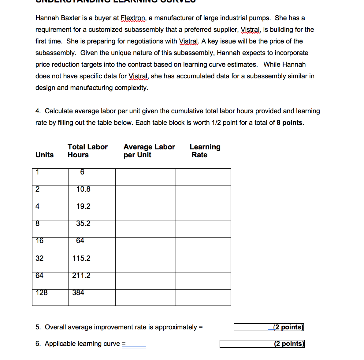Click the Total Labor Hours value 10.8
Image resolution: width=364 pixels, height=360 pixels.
click(x=83, y=189)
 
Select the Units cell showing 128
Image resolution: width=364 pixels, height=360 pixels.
click(x=42, y=293)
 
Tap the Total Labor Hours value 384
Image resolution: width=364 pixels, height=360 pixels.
click(x=78, y=293)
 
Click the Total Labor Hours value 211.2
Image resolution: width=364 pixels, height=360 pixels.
click(x=81, y=276)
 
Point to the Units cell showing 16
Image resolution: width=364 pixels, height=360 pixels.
click(x=39, y=241)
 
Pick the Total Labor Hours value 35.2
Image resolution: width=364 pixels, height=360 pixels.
click(x=83, y=223)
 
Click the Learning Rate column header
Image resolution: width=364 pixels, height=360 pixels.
click(x=205, y=151)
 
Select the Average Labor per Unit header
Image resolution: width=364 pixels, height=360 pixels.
click(x=149, y=151)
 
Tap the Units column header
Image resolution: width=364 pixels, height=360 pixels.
click(x=44, y=155)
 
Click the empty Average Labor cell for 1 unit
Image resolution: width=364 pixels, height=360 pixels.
click(x=145, y=177)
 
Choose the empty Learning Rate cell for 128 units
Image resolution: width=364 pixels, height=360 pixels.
click(x=203, y=298)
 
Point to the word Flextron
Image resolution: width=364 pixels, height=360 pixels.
click(x=133, y=18)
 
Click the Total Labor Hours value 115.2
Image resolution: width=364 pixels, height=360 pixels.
click(x=81, y=258)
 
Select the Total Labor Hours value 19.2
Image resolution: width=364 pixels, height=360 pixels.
click(x=83, y=206)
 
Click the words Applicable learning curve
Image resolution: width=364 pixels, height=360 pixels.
click(x=82, y=344)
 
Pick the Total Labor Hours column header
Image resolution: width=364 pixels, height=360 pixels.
click(x=87, y=151)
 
